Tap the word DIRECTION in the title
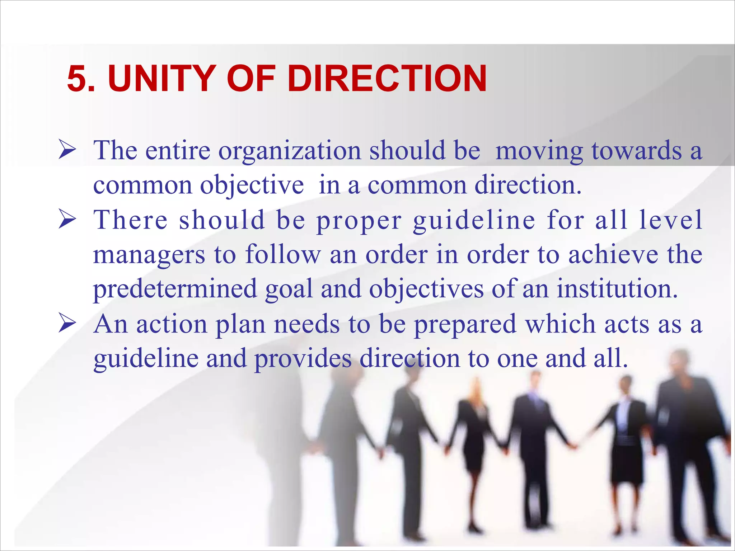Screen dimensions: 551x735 click(x=387, y=79)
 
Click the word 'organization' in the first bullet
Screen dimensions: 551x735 click(x=290, y=151)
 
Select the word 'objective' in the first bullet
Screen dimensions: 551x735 click(x=252, y=185)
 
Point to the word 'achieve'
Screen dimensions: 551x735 click(x=613, y=254)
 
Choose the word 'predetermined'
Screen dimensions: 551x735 click(x=175, y=289)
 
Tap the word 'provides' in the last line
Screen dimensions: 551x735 click(x=303, y=359)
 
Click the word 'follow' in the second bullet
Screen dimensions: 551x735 click(x=283, y=254)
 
